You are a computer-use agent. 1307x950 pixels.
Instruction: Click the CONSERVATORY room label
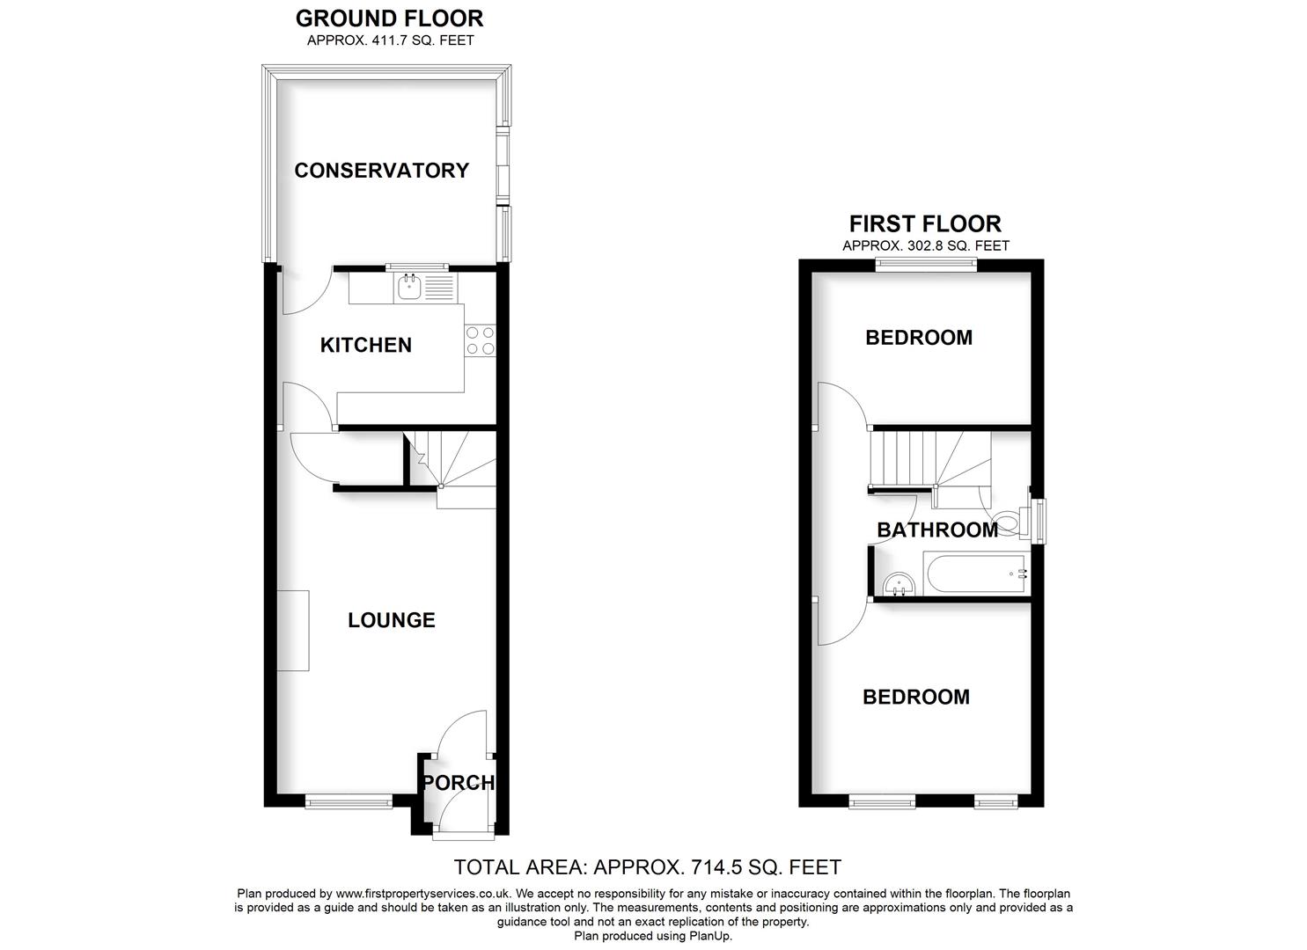point(381,171)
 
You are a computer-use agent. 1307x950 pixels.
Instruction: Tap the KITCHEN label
point(365,345)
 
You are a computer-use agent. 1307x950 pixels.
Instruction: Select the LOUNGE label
point(392,620)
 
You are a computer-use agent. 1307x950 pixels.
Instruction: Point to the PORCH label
point(459,783)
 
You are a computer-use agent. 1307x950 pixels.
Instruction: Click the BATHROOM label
point(937,530)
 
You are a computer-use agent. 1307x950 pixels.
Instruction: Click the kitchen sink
point(409,287)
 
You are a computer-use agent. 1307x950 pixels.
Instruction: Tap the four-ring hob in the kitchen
point(480,340)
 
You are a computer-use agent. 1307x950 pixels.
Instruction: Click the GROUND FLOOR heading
point(389,18)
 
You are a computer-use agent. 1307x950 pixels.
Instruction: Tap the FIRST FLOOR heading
point(925,223)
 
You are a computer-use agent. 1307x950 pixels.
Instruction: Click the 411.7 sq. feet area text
point(390,40)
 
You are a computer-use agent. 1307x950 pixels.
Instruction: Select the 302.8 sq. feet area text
point(925,246)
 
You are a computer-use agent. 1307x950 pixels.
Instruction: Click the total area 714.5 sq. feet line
point(647,867)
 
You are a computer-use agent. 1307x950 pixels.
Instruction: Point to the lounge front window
point(349,800)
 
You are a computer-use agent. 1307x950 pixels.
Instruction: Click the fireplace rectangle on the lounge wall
point(293,630)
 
